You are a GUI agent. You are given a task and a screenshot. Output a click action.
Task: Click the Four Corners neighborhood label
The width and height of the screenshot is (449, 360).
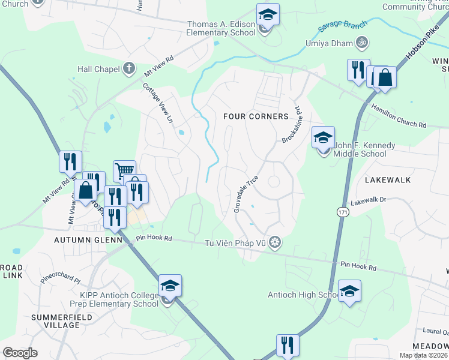(256, 116)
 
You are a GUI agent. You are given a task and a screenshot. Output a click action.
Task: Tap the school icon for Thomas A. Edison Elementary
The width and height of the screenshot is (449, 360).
(268, 16)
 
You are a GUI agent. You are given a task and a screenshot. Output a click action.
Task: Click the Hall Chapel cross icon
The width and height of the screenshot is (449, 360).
(128, 68)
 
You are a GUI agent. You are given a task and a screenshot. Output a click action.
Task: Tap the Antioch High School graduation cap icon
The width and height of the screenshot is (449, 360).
(349, 292)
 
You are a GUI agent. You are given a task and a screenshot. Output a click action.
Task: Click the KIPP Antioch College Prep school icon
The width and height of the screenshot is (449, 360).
(170, 287)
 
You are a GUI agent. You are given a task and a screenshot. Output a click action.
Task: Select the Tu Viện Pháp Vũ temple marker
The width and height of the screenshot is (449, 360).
(275, 242)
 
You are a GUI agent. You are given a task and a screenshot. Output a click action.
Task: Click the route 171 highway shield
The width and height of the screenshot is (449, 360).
(342, 212)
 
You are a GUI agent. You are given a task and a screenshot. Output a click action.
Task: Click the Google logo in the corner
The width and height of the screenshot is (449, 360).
(20, 353)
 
